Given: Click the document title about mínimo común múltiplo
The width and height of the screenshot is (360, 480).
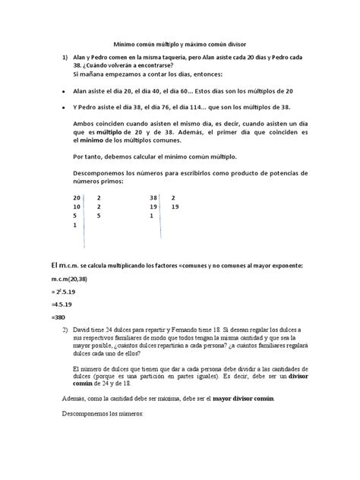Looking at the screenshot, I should pyautogui.click(x=179, y=46).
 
